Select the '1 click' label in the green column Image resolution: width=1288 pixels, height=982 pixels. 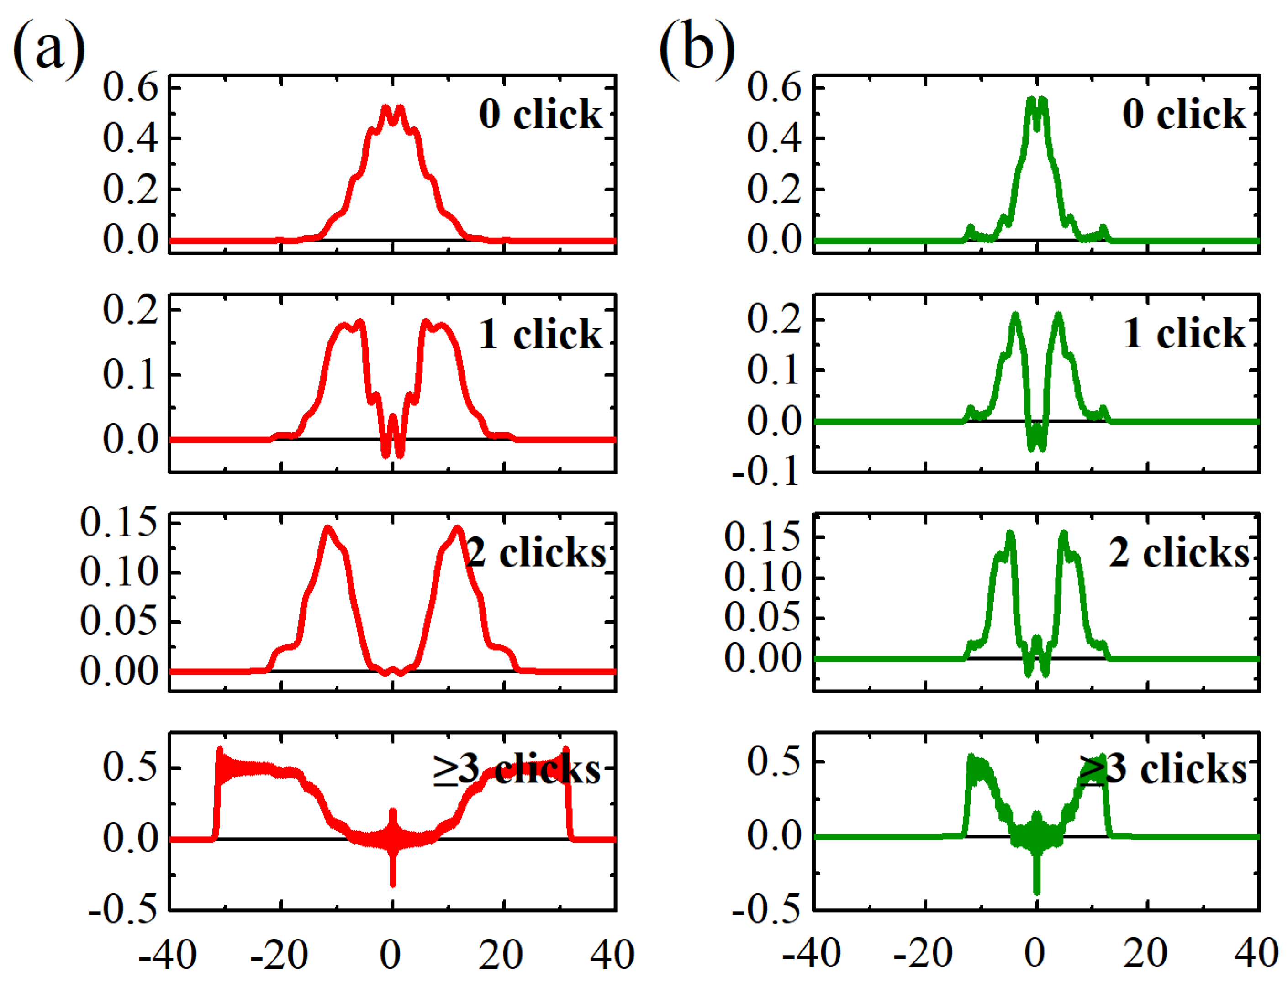(1183, 334)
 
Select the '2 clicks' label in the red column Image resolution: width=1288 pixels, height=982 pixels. (536, 552)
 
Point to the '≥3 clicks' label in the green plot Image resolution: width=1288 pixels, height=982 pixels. (1163, 770)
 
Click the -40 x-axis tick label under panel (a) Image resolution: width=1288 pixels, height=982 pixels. (167, 955)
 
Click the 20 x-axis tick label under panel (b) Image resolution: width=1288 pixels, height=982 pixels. (1145, 955)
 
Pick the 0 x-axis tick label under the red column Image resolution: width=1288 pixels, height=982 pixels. (390, 955)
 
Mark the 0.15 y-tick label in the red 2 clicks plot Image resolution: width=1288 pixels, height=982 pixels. (119, 522)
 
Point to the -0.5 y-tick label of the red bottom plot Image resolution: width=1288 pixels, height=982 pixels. (123, 909)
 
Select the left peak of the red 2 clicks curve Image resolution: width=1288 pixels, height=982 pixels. (328, 530)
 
